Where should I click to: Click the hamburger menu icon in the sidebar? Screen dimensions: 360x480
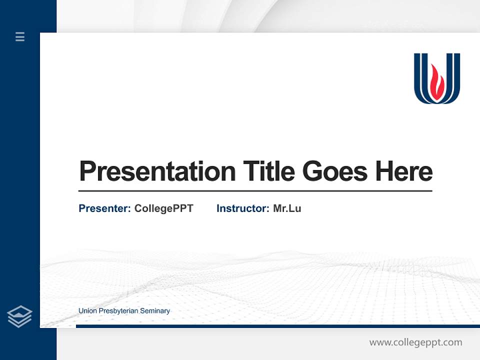pyautogui.click(x=20, y=36)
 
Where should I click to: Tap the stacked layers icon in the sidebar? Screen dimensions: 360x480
pyautogui.click(x=19, y=316)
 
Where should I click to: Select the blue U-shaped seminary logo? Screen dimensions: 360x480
pyautogui.click(x=437, y=78)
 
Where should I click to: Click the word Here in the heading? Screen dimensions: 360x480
pyautogui.click(x=404, y=171)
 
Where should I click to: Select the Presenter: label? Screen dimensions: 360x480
pyautogui.click(x=105, y=208)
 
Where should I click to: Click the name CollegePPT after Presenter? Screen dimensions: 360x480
pyautogui.click(x=163, y=208)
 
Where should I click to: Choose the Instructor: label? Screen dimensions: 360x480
pyautogui.click(x=243, y=208)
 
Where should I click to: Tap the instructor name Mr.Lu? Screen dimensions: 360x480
pyautogui.click(x=287, y=208)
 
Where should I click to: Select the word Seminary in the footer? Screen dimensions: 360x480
pyautogui.click(x=155, y=311)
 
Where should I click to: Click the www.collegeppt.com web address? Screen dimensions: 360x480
pyautogui.click(x=415, y=342)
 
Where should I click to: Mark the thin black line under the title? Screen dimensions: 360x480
pyautogui.click(x=255, y=190)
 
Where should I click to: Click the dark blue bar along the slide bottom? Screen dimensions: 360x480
pyautogui.click(x=275, y=326)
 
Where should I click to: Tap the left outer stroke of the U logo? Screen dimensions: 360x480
pyautogui.click(x=417, y=75)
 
